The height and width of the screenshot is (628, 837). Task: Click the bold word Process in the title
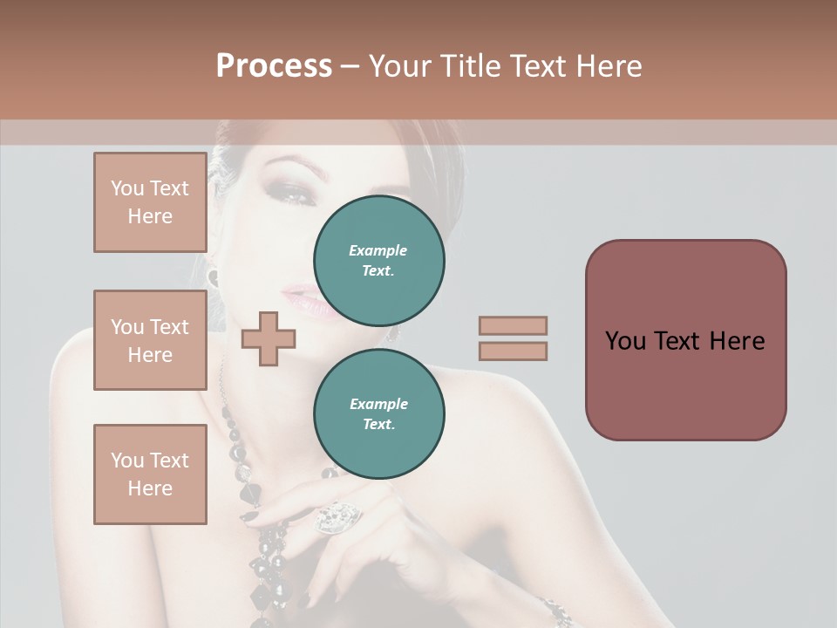[274, 66]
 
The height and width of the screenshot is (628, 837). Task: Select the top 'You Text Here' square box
[150, 202]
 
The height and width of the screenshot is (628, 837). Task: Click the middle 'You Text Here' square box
[150, 340]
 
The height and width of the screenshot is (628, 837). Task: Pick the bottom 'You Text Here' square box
[150, 474]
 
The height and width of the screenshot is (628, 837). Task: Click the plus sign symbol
[269, 339]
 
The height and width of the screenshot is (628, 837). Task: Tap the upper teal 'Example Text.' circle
[378, 260]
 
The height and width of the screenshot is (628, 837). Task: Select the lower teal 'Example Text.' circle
[378, 413]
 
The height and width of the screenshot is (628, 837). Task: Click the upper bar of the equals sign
[513, 325]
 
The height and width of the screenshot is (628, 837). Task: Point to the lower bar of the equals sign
[513, 351]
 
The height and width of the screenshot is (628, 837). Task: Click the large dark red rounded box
[685, 340]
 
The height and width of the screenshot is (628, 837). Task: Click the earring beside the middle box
[213, 277]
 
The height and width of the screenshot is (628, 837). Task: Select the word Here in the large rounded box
[737, 341]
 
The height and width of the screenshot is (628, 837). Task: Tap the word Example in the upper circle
[378, 250]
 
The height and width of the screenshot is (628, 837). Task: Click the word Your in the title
[401, 66]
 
